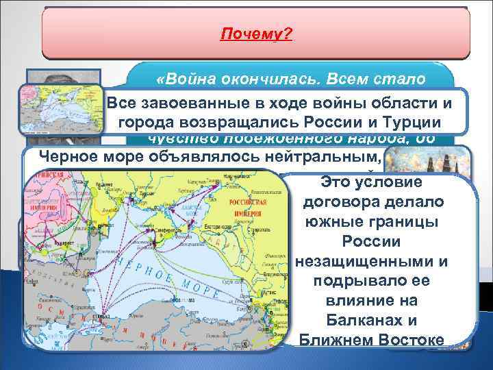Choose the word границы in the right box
pyautogui.click(x=407, y=223)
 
